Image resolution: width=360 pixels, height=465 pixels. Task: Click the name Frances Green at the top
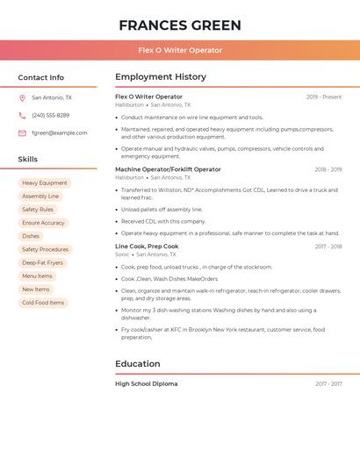pos(179,25)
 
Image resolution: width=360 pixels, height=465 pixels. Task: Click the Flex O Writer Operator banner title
pos(179,51)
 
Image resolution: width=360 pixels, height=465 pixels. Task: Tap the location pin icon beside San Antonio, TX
pos(22,97)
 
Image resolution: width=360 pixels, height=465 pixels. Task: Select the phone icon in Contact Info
pos(22,115)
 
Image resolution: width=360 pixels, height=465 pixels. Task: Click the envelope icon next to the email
pos(22,133)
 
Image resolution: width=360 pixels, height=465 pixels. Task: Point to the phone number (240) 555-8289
pos(50,115)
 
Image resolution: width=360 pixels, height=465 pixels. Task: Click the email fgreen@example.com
pos(59,133)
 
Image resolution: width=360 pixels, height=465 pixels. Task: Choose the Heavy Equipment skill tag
pos(44,183)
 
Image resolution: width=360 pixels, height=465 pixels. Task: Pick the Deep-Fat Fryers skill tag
pos(42,262)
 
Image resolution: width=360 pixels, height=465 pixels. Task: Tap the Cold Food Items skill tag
pos(43,303)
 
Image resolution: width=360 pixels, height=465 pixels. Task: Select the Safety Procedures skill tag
pos(45,249)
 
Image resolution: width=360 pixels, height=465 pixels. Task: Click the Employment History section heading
pos(161,77)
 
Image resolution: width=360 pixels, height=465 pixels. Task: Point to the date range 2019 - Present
pos(323,97)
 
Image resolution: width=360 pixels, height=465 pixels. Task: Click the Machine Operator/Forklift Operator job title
pos(168,169)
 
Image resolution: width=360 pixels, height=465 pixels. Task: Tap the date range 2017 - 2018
pos(328,247)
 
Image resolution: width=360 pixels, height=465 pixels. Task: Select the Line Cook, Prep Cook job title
pos(147,247)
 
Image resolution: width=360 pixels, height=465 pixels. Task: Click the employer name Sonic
pos(122,254)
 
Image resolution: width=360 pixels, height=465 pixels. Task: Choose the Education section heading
pos(137,364)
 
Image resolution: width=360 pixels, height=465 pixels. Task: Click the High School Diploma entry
pos(146,383)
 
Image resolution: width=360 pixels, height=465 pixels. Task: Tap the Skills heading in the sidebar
pos(28,160)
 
